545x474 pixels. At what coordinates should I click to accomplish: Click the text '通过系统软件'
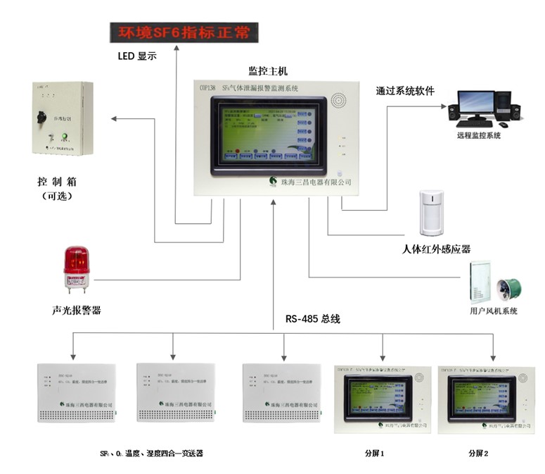(x=405, y=91)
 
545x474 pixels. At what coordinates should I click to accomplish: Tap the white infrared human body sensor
(x=430, y=212)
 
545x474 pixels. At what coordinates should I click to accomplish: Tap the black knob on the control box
(x=41, y=115)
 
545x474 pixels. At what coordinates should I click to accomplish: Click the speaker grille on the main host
(x=339, y=102)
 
